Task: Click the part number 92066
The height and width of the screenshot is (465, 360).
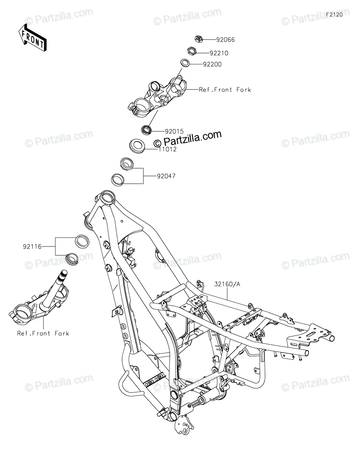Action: point(225,40)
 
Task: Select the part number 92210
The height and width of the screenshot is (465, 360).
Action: point(220,53)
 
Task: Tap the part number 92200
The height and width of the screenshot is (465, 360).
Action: point(212,64)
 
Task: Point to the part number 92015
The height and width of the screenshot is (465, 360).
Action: point(174,131)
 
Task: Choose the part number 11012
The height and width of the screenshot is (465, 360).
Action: point(167,149)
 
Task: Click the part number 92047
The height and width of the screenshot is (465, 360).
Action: point(166,176)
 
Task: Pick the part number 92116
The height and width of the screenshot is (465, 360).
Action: point(32,246)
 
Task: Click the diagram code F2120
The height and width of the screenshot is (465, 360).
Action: point(334,15)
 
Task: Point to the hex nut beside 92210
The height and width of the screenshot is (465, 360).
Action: point(191,50)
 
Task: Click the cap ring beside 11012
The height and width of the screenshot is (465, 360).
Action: point(138,146)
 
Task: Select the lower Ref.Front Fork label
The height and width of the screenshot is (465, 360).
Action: point(43,333)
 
